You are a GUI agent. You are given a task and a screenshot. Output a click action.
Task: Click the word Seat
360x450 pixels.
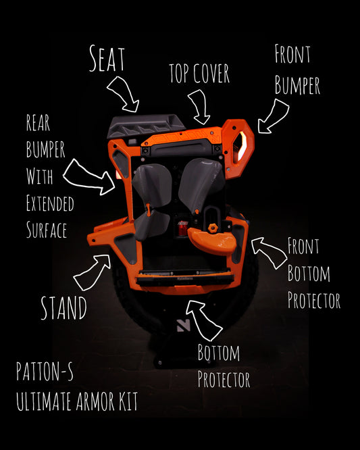tap(107, 59)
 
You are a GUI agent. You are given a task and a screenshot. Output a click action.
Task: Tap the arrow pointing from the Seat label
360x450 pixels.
tap(124, 93)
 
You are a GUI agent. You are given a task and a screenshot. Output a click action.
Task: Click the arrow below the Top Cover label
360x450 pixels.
tap(200, 107)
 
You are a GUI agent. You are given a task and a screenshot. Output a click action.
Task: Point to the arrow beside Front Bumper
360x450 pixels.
tap(272, 116)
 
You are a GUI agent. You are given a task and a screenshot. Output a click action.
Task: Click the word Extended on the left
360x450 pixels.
tap(50, 203)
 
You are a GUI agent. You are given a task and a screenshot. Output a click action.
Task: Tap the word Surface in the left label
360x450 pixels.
tap(47, 230)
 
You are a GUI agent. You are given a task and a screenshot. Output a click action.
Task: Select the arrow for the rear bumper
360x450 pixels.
tap(89, 178)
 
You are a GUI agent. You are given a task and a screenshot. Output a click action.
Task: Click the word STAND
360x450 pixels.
tap(63, 308)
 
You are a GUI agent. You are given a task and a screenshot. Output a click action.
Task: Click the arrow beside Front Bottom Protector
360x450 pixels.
tap(269, 252)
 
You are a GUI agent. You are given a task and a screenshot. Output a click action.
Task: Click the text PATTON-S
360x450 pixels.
tap(45, 371)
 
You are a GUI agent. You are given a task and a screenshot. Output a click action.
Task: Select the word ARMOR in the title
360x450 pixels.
tap(95, 401)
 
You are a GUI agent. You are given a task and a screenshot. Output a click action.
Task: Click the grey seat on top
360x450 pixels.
tap(146, 126)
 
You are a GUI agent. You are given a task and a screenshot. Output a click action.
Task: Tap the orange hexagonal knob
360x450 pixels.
tap(213, 228)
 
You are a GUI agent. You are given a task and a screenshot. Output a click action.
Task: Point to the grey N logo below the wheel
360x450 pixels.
tap(183, 326)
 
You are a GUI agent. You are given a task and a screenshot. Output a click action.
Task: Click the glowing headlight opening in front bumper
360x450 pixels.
tap(240, 147)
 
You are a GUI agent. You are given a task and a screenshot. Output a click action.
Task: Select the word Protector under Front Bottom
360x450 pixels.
tap(314, 300)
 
